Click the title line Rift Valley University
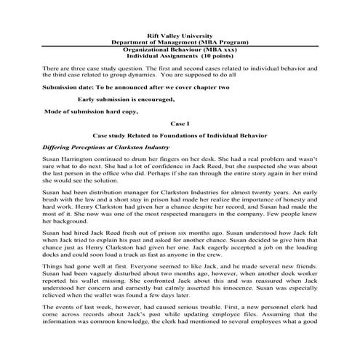coord(180,35)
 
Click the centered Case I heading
coord(179,123)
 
